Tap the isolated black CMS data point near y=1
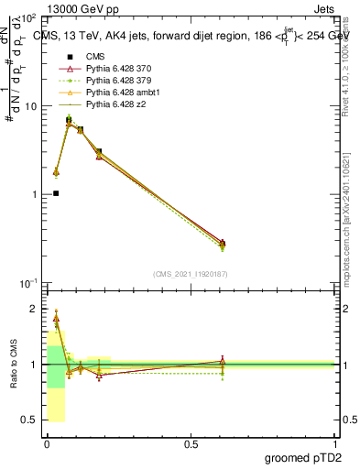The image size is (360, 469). (56, 193)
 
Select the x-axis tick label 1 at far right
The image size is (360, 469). (334, 442)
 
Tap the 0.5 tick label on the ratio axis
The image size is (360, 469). (30, 420)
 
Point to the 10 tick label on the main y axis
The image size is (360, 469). (29, 106)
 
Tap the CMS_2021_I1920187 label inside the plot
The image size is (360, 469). (190, 274)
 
